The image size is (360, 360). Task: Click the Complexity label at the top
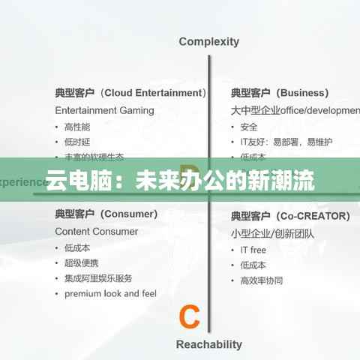208,42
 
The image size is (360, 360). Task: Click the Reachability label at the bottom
208,344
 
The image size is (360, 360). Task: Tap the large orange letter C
190,316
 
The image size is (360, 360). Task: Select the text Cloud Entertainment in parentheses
153,93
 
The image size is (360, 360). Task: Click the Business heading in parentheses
302,93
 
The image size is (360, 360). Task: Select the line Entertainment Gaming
104,110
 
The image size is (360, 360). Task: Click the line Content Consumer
96,232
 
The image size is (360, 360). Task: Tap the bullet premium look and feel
110,293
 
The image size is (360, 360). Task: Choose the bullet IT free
253,250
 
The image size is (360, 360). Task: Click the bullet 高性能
77,127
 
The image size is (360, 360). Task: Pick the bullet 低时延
77,142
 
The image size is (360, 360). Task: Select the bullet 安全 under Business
249,127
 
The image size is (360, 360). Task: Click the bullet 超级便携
82,263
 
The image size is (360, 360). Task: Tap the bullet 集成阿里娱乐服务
98,278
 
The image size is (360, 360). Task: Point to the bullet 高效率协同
262,280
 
